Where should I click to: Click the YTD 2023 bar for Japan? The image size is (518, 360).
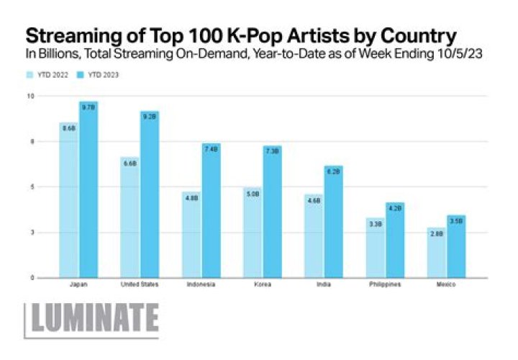click(x=88, y=191)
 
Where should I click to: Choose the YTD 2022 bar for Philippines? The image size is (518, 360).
click(x=375, y=248)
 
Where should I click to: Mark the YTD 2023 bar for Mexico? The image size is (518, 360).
click(x=456, y=246)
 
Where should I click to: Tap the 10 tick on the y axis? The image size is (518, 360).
click(x=30, y=96)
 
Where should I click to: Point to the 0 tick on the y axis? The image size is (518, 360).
click(x=31, y=278)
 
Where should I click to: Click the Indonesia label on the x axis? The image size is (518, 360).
click(x=201, y=284)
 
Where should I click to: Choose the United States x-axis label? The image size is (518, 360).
click(x=140, y=284)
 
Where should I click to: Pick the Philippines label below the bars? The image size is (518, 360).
click(x=385, y=284)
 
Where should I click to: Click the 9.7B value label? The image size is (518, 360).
click(x=88, y=108)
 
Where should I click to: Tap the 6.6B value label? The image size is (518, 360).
click(x=130, y=164)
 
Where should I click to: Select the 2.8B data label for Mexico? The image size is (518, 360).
click(x=436, y=232)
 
